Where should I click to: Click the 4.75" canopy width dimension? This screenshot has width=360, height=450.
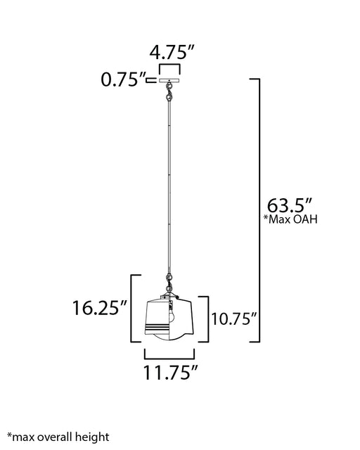click(172, 53)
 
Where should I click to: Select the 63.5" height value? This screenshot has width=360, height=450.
click(290, 205)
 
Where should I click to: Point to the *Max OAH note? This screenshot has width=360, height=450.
click(291, 219)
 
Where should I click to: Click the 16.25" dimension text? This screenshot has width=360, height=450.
click(99, 308)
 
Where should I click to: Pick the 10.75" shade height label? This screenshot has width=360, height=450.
click(233, 319)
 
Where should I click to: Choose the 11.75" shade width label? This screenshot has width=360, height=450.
click(171, 373)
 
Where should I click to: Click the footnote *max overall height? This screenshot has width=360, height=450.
click(58, 437)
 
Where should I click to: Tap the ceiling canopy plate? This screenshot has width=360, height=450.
click(169, 81)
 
